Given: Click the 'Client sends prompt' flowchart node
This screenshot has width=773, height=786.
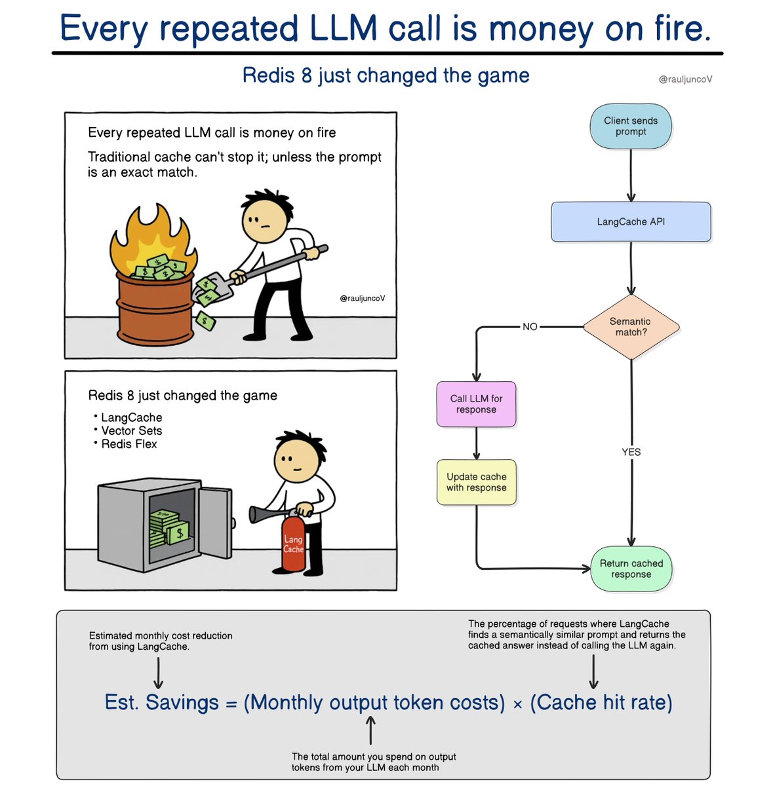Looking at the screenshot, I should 631,126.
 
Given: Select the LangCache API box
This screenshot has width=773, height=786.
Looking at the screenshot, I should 631,222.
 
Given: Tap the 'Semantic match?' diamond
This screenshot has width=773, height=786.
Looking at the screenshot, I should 631,327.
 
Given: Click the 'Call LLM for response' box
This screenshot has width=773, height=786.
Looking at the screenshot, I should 477,404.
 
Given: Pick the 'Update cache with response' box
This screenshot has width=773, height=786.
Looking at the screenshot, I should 477,482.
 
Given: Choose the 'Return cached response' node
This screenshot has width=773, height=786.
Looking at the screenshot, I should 631,569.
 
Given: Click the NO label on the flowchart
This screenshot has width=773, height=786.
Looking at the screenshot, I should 530,327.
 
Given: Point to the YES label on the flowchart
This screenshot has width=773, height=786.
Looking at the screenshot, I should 631,452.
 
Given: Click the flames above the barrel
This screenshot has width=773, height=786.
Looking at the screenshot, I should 152,236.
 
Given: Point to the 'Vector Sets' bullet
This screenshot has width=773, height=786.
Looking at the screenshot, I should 131,431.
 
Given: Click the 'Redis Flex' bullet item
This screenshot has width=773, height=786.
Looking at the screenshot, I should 129,444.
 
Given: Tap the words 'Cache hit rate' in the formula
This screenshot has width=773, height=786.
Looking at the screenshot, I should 601,703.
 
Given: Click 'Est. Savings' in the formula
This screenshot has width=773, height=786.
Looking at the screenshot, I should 162,703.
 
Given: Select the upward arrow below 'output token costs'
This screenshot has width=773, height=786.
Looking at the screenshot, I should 370,730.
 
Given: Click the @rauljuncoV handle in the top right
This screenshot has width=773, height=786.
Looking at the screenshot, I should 685,79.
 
